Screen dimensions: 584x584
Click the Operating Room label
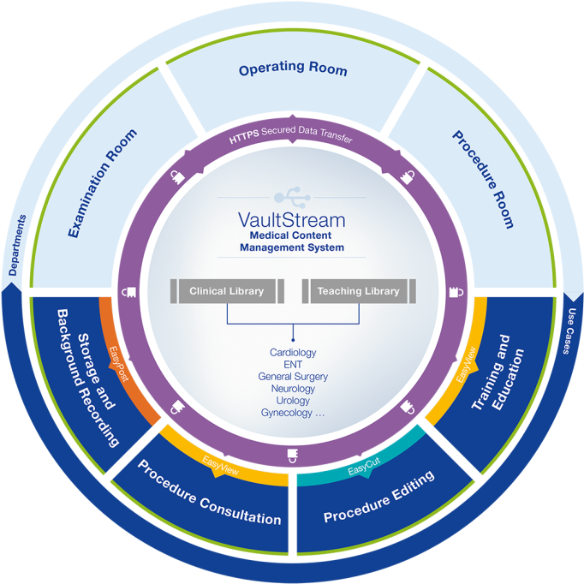pos(293,69)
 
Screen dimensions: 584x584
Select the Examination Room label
pos(101,183)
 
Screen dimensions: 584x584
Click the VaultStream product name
pos(291,218)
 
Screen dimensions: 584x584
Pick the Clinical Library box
pos(227,291)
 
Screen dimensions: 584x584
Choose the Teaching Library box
pos(358,291)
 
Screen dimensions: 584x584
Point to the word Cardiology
pos(293,352)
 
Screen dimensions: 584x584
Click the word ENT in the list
pos(293,364)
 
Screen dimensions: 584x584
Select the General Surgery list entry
pos(293,376)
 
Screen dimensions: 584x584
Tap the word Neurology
pos(293,388)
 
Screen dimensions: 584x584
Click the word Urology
pos(293,400)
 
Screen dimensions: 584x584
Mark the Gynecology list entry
pos(293,413)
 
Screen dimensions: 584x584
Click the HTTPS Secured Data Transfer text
pos(291,136)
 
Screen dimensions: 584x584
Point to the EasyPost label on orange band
pos(119,364)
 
